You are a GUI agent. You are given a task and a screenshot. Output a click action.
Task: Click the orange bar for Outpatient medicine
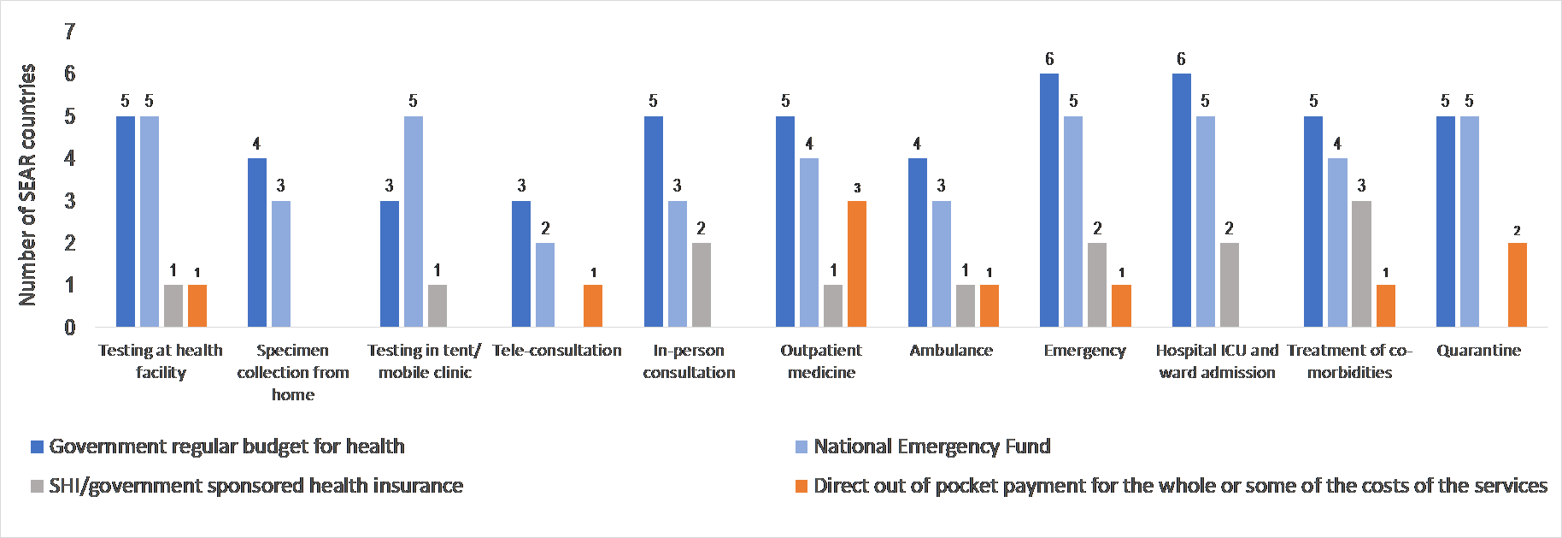tap(857, 263)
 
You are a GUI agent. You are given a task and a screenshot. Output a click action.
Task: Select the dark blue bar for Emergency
tap(1049, 200)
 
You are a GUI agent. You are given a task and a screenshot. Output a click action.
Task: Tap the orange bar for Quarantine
tap(1517, 285)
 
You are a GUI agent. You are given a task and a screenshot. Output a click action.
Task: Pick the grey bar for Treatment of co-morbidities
tap(1361, 263)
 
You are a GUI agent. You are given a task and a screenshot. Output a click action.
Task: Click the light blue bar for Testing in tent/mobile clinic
tap(413, 222)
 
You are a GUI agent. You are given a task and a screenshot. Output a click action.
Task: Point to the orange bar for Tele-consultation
tap(593, 305)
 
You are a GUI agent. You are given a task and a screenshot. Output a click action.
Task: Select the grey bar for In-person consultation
tap(701, 285)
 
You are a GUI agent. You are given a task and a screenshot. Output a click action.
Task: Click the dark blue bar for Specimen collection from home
tap(257, 242)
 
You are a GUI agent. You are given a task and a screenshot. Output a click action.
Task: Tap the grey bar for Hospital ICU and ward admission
tap(1229, 285)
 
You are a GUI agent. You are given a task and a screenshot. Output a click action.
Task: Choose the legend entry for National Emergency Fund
tap(931, 446)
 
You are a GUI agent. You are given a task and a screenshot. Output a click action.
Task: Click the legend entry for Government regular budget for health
tap(226, 446)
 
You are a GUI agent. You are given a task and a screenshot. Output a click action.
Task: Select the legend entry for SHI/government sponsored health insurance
tap(255, 486)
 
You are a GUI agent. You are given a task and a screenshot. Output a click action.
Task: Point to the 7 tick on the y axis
tap(70, 32)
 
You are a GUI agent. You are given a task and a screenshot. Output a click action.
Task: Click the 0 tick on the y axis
tap(70, 327)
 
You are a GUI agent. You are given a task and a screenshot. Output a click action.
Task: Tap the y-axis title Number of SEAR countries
tap(27, 184)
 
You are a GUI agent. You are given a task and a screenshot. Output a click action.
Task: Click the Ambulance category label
tap(951, 351)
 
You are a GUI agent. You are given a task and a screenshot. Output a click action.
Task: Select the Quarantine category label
tap(1478, 351)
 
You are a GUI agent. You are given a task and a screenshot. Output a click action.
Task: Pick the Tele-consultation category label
tap(557, 351)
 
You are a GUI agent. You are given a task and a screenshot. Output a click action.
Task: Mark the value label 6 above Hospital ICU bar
tap(1181, 59)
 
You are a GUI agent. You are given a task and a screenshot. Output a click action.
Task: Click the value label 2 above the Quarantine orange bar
tap(1517, 231)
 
